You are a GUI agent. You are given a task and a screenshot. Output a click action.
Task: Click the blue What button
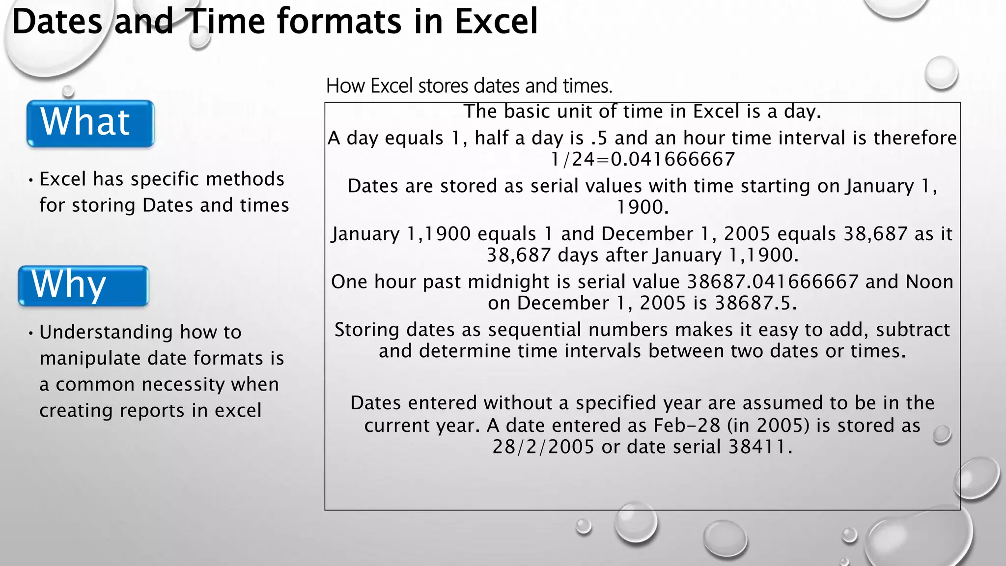click(90, 123)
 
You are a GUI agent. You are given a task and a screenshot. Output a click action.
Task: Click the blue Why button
click(83, 286)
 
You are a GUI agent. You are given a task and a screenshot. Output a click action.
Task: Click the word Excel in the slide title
click(496, 22)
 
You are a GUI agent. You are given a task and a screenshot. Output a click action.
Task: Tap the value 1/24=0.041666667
click(643, 160)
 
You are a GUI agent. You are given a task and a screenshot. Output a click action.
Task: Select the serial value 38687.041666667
click(772, 282)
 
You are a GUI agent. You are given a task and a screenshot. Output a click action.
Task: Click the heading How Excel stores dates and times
click(469, 86)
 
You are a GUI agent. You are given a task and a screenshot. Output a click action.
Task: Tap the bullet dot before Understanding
click(30, 333)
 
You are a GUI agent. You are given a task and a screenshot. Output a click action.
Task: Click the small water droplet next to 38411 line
click(942, 435)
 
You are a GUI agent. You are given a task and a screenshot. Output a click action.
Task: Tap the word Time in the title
click(225, 22)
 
